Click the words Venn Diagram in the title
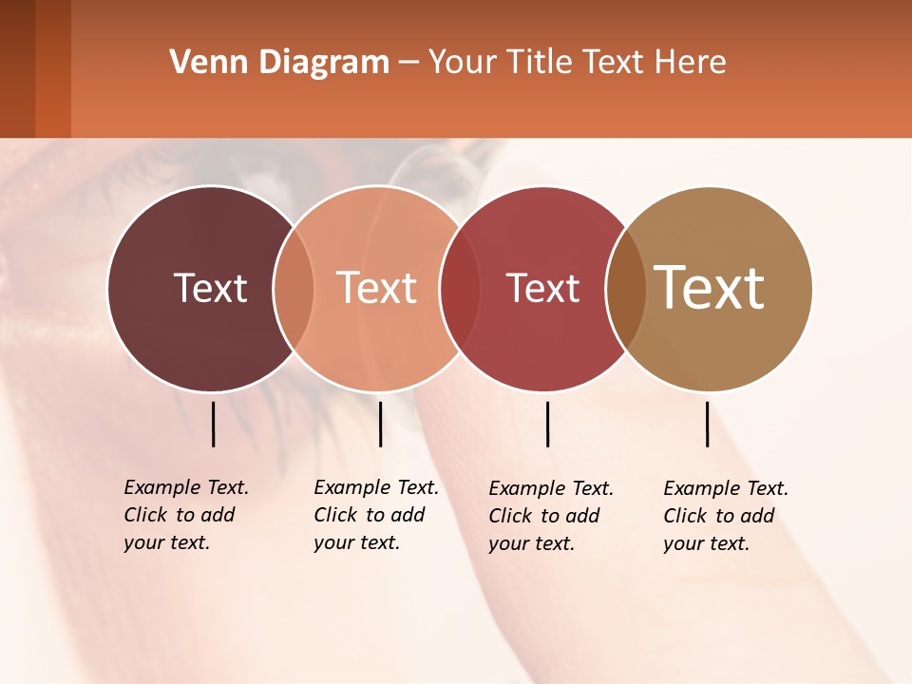point(279,63)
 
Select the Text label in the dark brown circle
point(210,288)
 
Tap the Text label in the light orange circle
point(376,288)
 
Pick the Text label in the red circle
point(542,288)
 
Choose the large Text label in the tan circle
point(710,288)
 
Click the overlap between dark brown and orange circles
point(294,288)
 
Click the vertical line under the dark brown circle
point(214,424)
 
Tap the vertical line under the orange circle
point(380,424)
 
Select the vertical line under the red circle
point(548,424)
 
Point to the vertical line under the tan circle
point(707,424)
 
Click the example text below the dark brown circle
point(185,515)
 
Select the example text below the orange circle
point(375,515)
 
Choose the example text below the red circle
point(550,516)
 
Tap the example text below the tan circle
point(725,516)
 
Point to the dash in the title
point(408,64)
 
